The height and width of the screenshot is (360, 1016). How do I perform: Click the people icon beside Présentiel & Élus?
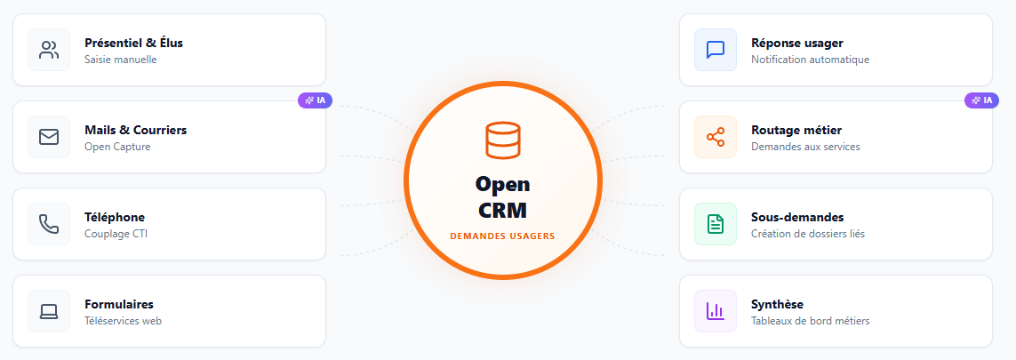coord(49,50)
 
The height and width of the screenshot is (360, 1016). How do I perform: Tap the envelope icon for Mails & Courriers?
coord(49,137)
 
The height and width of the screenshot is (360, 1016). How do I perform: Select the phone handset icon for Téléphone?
coord(49,224)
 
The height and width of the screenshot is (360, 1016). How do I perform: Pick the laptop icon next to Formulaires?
coord(49,311)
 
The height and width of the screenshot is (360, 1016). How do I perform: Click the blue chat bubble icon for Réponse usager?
coord(716,50)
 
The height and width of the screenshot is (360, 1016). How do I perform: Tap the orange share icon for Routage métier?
coord(716,137)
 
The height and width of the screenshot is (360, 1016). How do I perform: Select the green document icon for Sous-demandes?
coord(716,224)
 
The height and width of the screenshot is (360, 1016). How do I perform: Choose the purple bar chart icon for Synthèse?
coord(716,311)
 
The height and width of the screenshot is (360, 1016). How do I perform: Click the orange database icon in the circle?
coord(502,141)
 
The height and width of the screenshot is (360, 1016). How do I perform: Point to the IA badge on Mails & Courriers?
coord(316,100)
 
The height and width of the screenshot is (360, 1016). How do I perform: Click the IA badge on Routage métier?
coord(982,100)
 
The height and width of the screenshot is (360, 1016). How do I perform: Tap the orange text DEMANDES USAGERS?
coord(502,236)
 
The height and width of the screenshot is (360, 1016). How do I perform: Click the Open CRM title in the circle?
coord(502,197)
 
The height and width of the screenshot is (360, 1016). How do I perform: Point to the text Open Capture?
coord(117,147)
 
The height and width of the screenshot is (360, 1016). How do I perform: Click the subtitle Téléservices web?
coord(123,321)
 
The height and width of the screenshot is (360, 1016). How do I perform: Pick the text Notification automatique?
coord(810,60)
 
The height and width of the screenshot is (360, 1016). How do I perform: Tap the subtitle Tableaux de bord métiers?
coord(810,321)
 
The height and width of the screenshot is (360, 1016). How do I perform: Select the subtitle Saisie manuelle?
coord(120,60)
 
